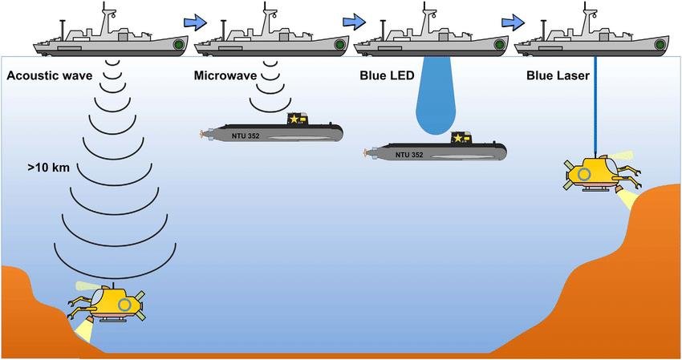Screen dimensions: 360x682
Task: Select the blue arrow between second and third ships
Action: (353, 21)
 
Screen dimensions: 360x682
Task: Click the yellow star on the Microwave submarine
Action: (294, 119)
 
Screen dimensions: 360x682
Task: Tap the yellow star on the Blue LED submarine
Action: (457, 139)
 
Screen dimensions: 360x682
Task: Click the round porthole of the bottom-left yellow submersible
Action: (124, 305)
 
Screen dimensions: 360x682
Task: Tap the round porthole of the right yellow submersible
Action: (585, 173)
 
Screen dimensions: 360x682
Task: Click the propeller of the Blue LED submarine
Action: (367, 151)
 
